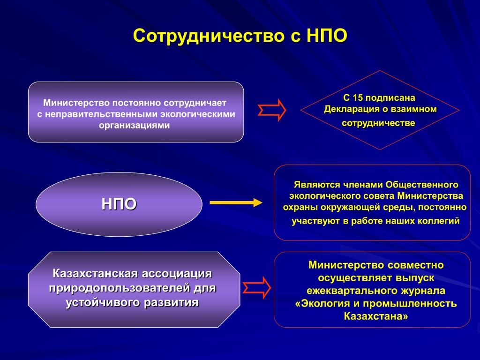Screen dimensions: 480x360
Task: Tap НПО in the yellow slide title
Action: (x=327, y=36)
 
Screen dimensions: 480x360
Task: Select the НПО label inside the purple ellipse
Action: (x=119, y=204)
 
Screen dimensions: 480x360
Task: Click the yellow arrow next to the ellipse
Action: (x=236, y=202)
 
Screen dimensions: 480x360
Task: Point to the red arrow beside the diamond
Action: (x=272, y=110)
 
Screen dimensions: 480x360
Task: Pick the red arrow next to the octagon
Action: (x=257, y=288)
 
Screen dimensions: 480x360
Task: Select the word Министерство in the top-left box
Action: (x=76, y=103)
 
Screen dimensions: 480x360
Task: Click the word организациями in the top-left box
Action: (x=135, y=125)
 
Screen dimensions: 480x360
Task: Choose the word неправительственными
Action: (x=102, y=114)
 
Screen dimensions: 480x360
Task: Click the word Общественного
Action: (x=422, y=185)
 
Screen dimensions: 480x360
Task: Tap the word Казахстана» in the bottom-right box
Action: (x=376, y=316)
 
